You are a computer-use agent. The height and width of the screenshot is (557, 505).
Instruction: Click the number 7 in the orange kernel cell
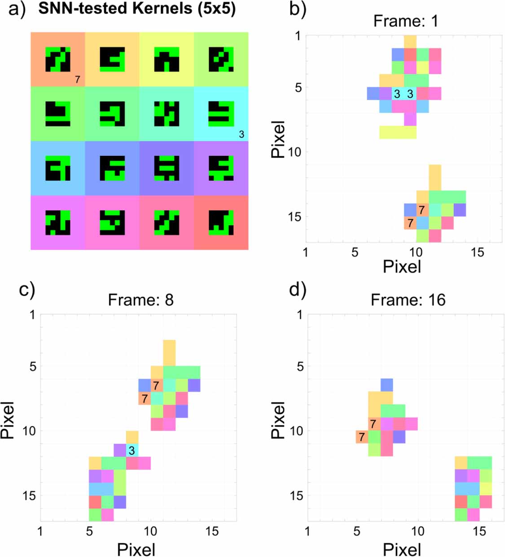(x=77, y=80)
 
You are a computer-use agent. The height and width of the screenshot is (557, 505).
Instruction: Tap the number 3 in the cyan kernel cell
(x=242, y=134)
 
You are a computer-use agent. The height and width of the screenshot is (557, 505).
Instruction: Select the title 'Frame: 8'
(x=141, y=300)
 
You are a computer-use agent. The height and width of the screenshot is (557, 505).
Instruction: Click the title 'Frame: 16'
(x=408, y=300)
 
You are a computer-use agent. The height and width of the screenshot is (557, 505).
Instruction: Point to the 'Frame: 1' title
(x=405, y=21)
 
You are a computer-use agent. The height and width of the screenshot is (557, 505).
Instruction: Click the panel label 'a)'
(x=18, y=9)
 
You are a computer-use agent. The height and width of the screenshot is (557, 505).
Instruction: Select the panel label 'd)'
(x=298, y=290)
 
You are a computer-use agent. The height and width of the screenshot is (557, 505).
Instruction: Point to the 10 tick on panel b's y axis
(x=294, y=152)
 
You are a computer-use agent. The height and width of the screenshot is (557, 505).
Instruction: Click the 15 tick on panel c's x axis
(x=212, y=531)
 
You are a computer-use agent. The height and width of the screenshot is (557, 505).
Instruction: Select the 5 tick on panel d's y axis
(x=300, y=367)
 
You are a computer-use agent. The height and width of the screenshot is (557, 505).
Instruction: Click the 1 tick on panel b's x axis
(x=306, y=252)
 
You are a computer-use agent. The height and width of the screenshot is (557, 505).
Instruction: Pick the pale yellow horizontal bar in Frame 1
(x=398, y=133)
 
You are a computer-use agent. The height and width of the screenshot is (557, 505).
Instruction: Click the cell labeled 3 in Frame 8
(x=132, y=450)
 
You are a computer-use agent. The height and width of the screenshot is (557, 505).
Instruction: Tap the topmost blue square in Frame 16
(x=387, y=385)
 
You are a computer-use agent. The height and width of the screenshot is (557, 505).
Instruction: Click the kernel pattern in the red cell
(x=221, y=223)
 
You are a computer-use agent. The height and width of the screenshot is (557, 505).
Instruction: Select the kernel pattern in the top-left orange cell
(x=58, y=59)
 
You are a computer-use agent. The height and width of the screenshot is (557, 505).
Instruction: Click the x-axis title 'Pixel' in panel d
(x=402, y=549)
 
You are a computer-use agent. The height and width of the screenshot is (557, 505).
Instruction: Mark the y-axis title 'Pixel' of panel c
(x=8, y=420)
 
